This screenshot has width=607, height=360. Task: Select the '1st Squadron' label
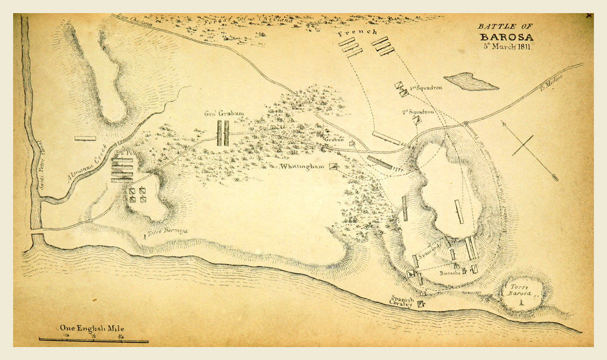click(426, 88)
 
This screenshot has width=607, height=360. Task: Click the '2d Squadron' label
click(419, 111)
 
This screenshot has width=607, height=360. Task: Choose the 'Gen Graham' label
click(224, 113)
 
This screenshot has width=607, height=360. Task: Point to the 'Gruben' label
click(334, 140)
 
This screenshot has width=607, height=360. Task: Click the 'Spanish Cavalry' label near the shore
click(401, 302)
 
